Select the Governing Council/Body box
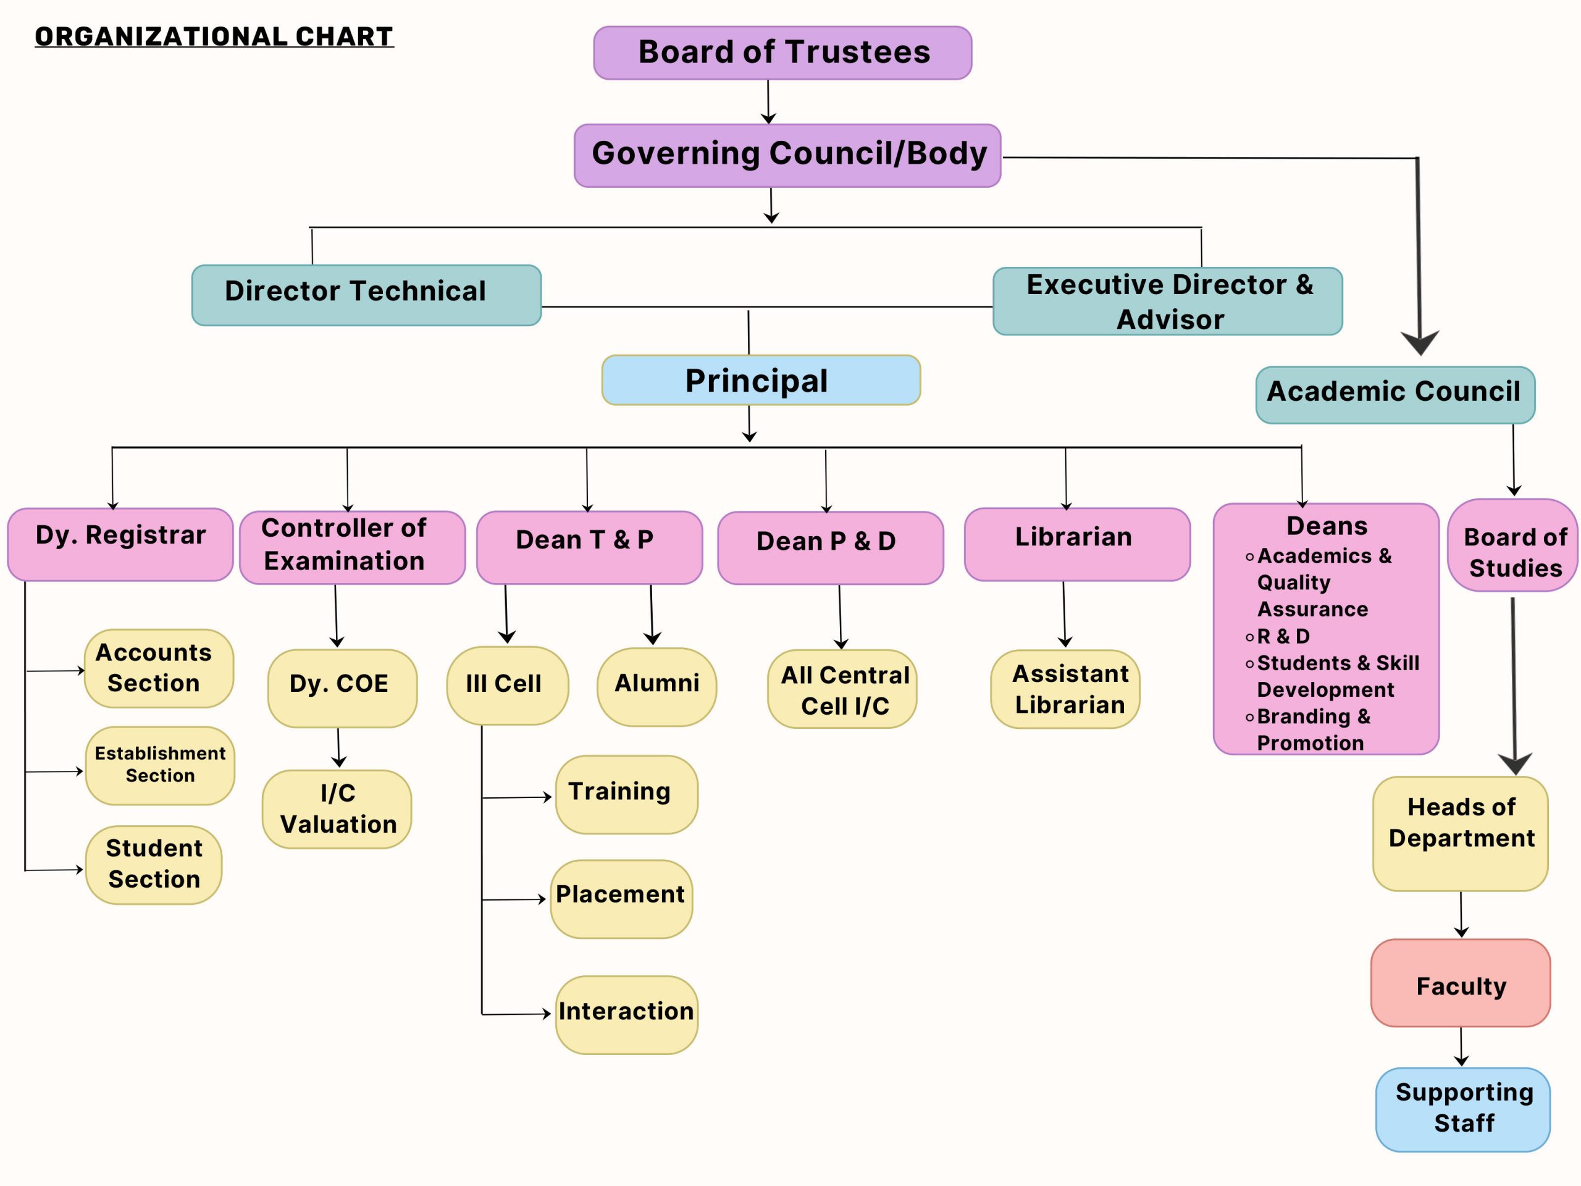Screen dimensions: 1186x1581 click(x=787, y=155)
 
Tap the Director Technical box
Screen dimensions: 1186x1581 click(x=366, y=295)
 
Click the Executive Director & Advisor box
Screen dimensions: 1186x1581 click(x=1167, y=301)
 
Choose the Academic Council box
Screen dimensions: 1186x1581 click(x=1394, y=395)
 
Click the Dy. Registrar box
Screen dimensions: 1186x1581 click(x=120, y=544)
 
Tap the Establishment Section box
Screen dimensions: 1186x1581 click(x=159, y=765)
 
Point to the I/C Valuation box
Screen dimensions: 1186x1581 click(x=337, y=809)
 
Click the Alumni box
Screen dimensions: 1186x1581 click(x=656, y=686)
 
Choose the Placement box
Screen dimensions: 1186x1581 click(x=621, y=898)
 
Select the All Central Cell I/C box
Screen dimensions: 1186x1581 click(x=841, y=689)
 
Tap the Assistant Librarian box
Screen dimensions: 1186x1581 click(x=1064, y=689)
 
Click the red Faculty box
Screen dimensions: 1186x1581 click(x=1460, y=982)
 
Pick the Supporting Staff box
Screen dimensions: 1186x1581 click(x=1462, y=1109)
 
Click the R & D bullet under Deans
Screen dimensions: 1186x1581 click(x=1283, y=636)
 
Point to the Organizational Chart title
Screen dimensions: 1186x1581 click(x=214, y=36)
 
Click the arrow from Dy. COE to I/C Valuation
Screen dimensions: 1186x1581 click(x=339, y=748)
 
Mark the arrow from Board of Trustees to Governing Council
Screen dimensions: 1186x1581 click(x=768, y=101)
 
